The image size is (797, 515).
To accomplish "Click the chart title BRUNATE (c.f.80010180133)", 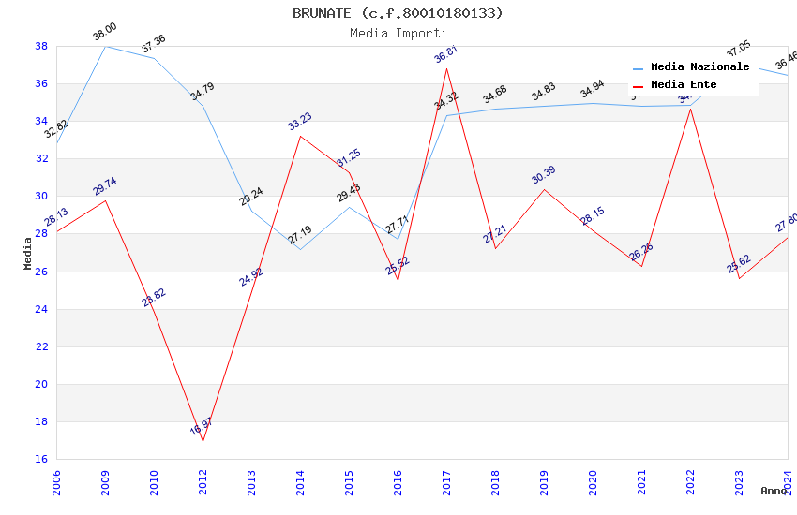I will pos(398,13).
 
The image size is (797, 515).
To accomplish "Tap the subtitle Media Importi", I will pos(398,33).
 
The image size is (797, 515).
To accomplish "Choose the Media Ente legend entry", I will pos(684,85).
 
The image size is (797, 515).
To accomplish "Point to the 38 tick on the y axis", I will pos(41,46).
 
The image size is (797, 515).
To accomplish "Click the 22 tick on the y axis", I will pos(41,346).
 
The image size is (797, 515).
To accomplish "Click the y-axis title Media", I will pos(28,253).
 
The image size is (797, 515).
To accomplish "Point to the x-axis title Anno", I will pos(774,491).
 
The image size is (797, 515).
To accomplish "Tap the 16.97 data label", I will pos(202,427).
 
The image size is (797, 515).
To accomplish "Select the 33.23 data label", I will pos(300,122).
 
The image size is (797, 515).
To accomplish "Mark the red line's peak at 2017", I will pos(446,68).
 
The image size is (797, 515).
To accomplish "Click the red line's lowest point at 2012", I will pos(203,441).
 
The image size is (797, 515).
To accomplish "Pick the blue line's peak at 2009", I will pos(105,46).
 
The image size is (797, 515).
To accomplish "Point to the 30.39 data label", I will pos(544,175).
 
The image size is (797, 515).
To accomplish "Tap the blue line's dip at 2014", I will pos(300,249).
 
